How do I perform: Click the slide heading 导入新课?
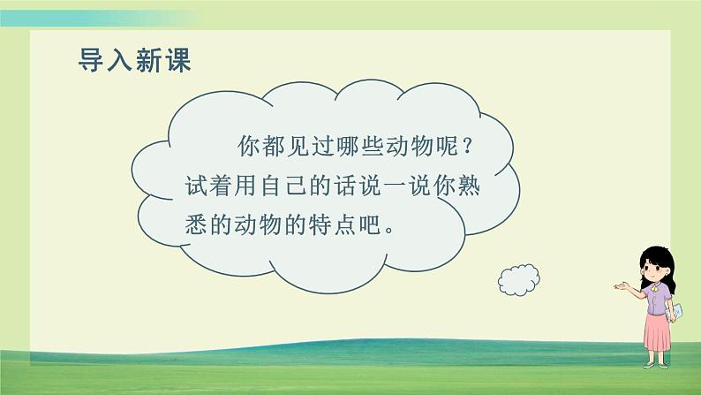click(135, 59)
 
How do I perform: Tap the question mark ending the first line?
click(501, 143)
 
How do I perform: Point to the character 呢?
click(471, 143)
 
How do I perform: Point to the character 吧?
click(381, 227)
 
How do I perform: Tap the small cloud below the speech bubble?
click(518, 279)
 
